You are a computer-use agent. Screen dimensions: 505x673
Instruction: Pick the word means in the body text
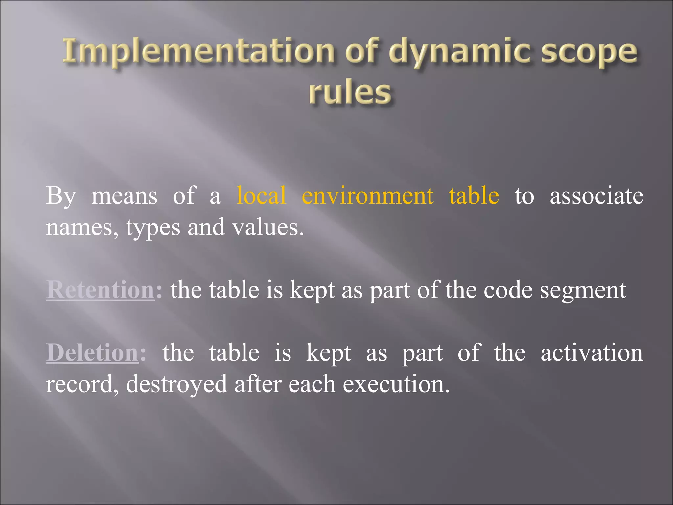point(124,196)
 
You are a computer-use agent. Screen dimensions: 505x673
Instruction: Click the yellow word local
point(261,196)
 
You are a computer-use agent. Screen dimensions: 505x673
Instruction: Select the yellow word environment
point(367,196)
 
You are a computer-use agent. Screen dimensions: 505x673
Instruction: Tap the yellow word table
point(474,196)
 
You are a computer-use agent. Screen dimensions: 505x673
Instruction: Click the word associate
point(596,196)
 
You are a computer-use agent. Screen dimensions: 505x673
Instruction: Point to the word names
point(82,228)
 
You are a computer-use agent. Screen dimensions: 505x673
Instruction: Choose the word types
point(153,228)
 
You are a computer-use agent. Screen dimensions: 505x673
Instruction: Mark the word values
point(268,228)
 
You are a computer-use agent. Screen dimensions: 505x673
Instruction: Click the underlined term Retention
point(100,290)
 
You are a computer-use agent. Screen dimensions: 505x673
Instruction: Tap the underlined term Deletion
point(92,353)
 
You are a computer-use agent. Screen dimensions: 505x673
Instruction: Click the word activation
point(592,353)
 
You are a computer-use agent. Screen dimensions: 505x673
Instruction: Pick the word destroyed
point(176,384)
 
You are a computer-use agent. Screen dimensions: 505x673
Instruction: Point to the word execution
point(396,384)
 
